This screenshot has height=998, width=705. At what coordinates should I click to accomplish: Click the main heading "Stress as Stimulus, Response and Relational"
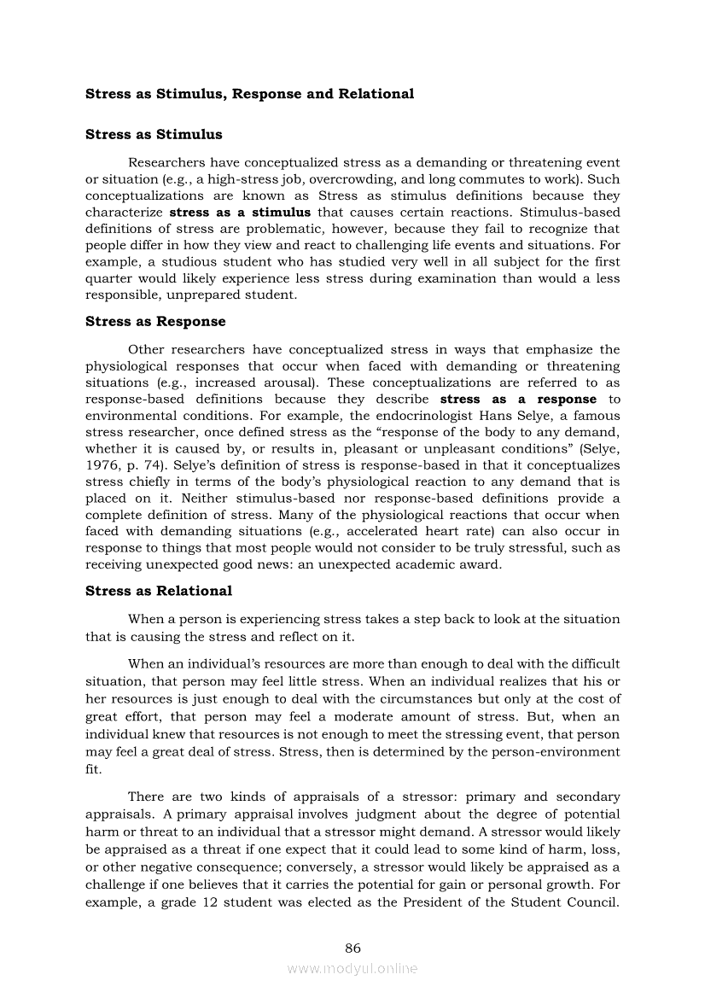point(249,94)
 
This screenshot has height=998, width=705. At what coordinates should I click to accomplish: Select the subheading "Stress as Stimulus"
point(154,134)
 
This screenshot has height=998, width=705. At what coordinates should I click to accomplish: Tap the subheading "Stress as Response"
point(155,322)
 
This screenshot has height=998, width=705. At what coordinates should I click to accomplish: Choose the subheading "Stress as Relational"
point(159,591)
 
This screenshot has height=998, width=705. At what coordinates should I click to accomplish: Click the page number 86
point(352,948)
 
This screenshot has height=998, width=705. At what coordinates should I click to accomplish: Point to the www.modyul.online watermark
point(352,968)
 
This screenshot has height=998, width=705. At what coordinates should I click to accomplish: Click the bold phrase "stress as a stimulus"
point(240,213)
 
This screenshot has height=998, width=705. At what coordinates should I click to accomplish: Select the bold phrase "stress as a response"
point(518,400)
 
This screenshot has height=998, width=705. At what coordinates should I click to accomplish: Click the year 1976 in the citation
point(102,465)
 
